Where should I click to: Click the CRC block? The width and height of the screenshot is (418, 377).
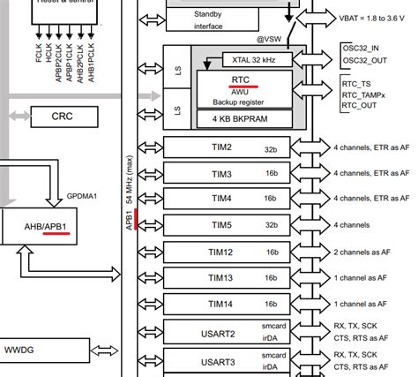[x=63, y=115]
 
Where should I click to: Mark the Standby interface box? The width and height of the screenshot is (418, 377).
[x=209, y=20]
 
